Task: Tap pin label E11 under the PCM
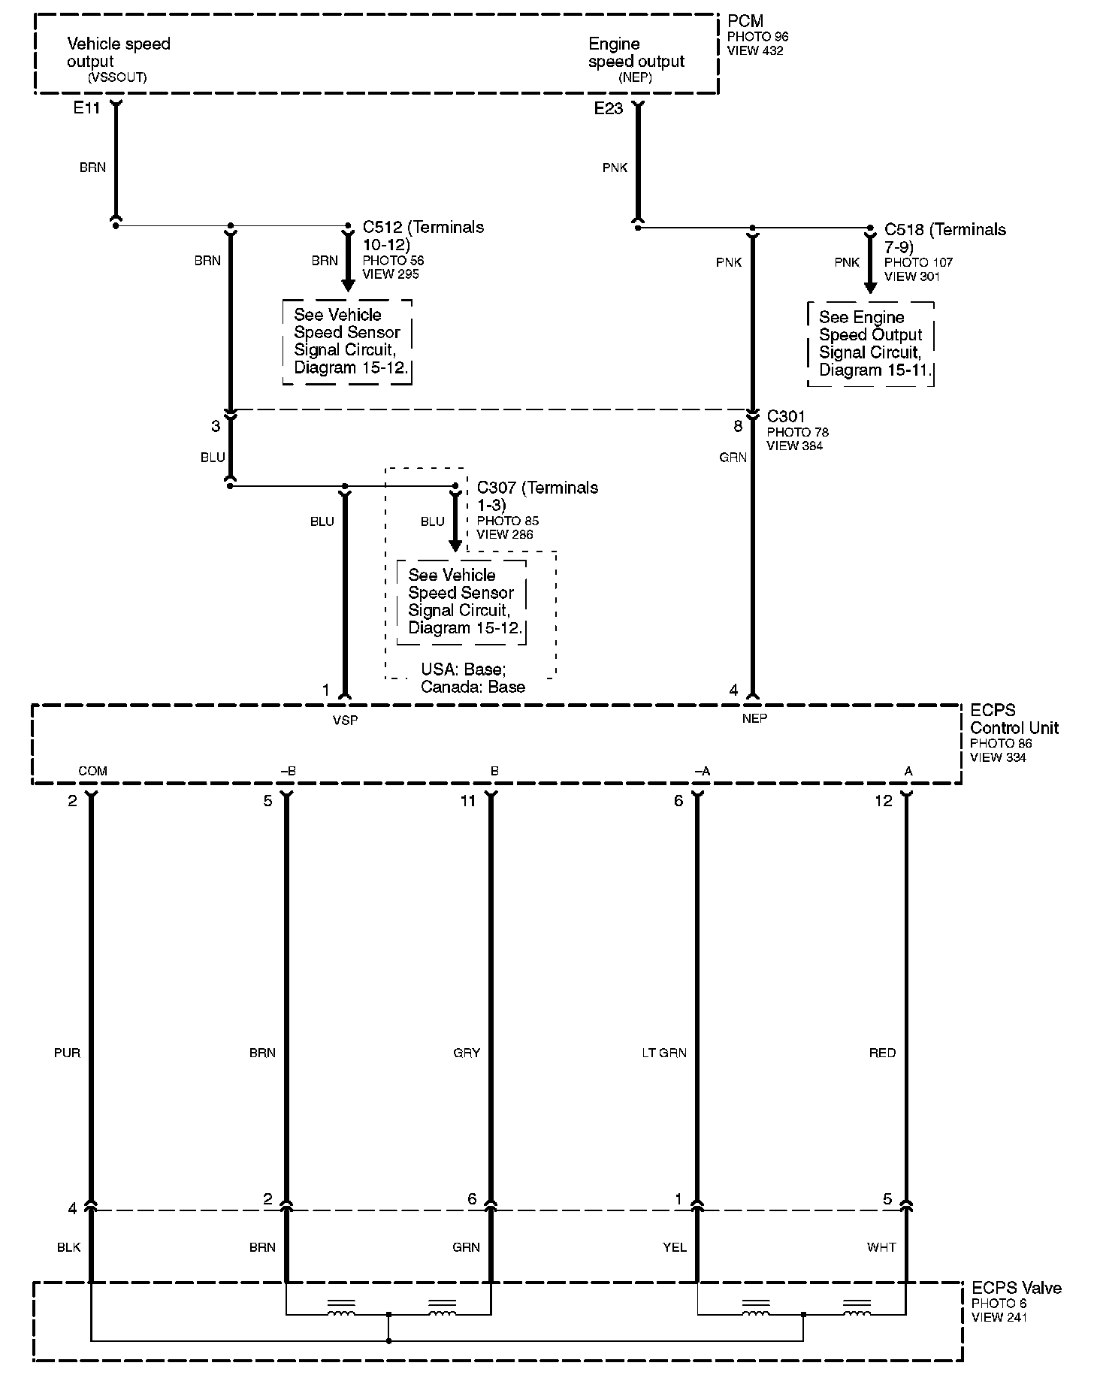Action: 86,108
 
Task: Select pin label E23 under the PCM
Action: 608,108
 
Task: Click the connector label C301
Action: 786,416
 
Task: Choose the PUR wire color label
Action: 67,1053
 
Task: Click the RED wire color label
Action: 882,1053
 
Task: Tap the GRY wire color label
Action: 467,1053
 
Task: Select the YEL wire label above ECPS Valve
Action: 675,1247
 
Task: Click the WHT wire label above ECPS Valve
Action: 881,1247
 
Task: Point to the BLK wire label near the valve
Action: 68,1247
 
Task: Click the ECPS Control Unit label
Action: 1014,719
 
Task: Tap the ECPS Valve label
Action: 1016,1288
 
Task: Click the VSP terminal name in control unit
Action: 346,720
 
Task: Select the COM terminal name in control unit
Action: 93,771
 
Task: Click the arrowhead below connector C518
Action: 870,287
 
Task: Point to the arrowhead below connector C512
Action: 348,286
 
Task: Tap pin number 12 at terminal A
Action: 884,801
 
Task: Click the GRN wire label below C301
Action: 733,457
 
